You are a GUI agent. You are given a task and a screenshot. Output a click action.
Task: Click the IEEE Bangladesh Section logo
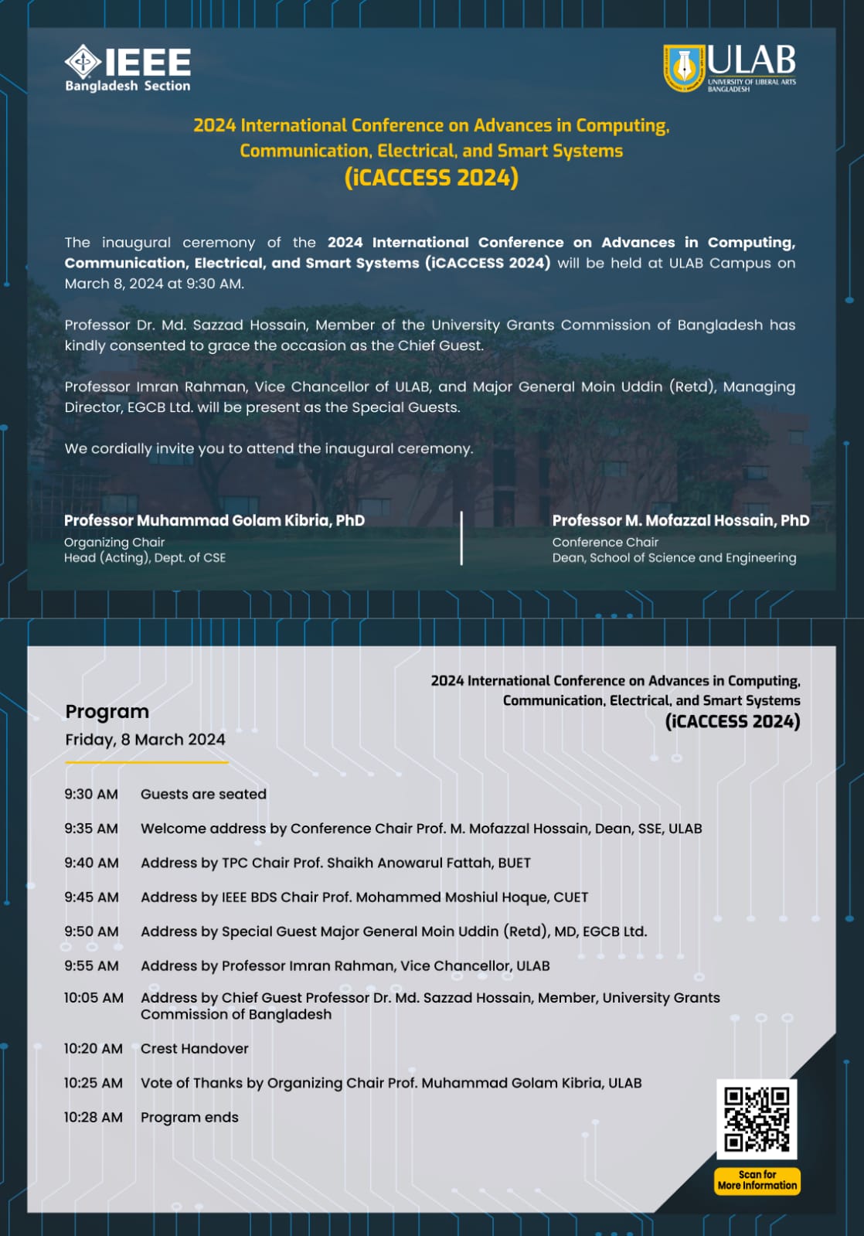pos(128,69)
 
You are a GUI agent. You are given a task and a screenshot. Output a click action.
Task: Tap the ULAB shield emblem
pos(683,67)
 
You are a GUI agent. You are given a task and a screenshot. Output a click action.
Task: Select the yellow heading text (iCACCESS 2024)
pos(431,178)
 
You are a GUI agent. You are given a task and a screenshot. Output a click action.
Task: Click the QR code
pos(757,1119)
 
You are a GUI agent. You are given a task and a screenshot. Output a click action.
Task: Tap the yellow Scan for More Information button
pos(757,1180)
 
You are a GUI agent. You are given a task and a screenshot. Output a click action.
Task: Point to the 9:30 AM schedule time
pos(91,794)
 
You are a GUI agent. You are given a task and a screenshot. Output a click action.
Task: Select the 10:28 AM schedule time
pos(93,1117)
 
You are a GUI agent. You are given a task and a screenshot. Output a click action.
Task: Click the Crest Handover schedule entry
pos(195,1049)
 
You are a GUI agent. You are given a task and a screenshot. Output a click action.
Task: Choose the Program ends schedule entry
pos(189,1117)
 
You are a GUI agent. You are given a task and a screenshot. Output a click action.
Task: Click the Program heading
pos(107,711)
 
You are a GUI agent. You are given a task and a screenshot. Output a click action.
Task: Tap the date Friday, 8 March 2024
pos(145,740)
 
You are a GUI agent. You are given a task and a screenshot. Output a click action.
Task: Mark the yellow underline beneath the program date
pos(147,762)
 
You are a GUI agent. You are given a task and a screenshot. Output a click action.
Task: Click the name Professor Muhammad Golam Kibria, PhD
pos(214,520)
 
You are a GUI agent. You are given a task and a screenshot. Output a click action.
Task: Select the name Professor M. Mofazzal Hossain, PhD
pos(681,520)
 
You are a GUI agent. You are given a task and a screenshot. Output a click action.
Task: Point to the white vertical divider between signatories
pos(461,538)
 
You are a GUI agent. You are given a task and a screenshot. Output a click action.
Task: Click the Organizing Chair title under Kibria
pos(114,543)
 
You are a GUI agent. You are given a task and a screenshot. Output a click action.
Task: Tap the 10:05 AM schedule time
pos(94,998)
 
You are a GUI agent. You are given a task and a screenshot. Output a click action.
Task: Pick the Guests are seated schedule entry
pos(203,794)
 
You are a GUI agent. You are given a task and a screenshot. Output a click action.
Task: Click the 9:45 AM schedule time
pos(91,897)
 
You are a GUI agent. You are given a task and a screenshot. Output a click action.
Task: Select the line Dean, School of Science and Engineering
pos(674,558)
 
